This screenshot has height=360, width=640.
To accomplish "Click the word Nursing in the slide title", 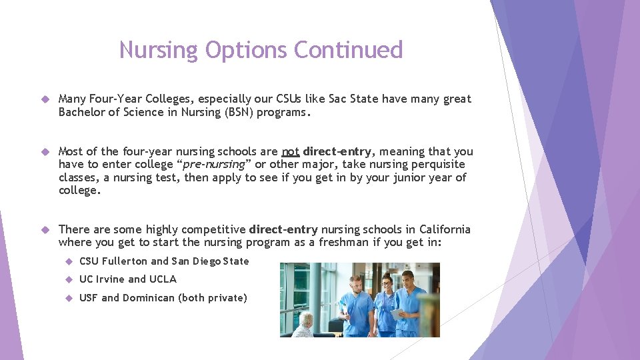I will [x=159, y=50].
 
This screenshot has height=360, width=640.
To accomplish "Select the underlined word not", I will [x=291, y=151].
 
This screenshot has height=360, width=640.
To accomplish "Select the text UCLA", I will [x=163, y=279].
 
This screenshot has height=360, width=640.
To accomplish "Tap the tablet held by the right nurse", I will [x=395, y=313].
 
